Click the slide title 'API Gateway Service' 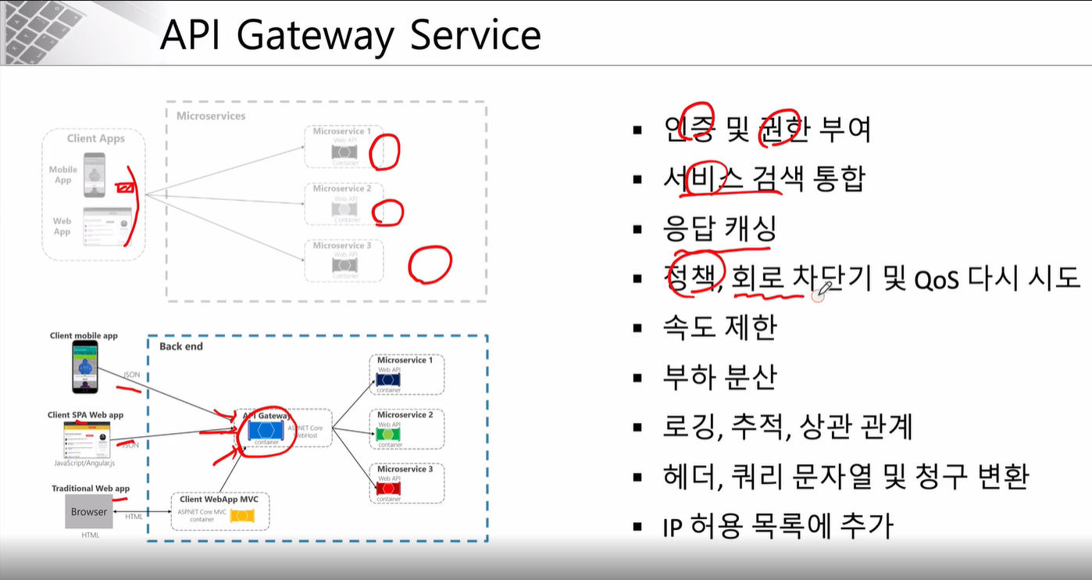(x=350, y=35)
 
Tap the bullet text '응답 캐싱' (x=719, y=229)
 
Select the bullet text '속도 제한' (x=719, y=328)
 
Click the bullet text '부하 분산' (x=719, y=377)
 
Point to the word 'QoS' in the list (x=936, y=279)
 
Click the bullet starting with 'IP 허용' (x=777, y=525)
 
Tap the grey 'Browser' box (x=89, y=512)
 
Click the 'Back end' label (x=180, y=346)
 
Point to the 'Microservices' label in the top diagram (x=211, y=116)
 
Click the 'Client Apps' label (x=95, y=138)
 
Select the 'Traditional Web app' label (x=91, y=489)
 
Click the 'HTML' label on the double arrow (x=134, y=516)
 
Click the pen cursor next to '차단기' (x=819, y=293)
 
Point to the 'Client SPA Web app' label (x=85, y=415)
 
